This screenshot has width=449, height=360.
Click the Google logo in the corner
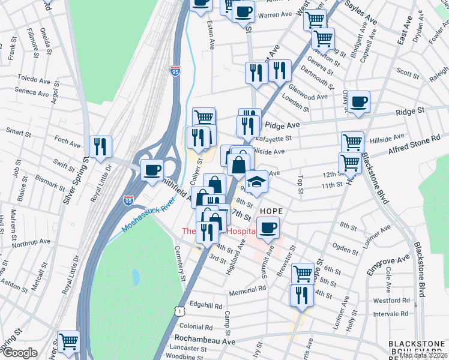[19, 353]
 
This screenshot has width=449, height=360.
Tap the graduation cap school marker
[256, 182]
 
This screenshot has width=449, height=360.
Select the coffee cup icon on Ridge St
[359, 102]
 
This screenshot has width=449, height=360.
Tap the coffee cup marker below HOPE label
[268, 229]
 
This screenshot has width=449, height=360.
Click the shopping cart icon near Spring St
[69, 342]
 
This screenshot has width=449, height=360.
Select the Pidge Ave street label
[282, 125]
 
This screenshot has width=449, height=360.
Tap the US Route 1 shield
[178, 311]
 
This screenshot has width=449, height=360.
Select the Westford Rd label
[391, 301]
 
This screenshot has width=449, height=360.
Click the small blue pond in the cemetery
[136, 277]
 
